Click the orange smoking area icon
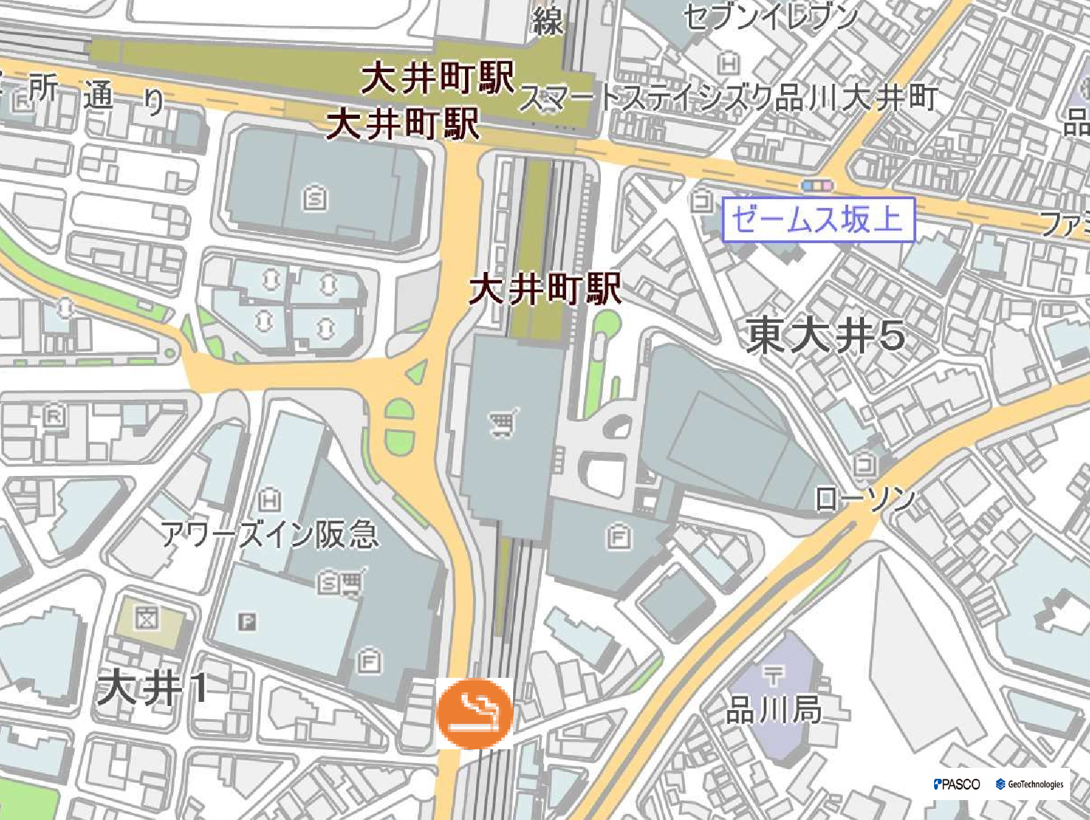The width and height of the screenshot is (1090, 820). [x=475, y=713]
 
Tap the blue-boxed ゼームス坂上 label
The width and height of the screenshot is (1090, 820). [x=818, y=220]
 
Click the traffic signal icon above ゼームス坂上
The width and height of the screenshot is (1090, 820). [x=817, y=185]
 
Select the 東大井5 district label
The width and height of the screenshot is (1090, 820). [x=826, y=336]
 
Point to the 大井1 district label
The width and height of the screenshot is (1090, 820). [x=152, y=687]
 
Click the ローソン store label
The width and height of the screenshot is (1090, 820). [x=865, y=500]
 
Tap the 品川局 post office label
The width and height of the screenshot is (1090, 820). [x=774, y=710]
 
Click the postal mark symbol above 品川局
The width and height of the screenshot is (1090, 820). [x=773, y=676]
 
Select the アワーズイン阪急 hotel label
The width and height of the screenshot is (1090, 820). [x=270, y=534]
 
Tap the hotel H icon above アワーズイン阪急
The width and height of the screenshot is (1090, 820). [x=271, y=500]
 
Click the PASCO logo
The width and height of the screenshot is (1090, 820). [x=957, y=784]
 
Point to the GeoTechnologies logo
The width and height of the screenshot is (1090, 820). [x=1030, y=784]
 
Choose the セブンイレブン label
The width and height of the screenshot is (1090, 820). [x=771, y=17]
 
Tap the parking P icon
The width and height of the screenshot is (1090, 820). [x=247, y=622]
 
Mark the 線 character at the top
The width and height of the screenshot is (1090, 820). [x=547, y=21]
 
